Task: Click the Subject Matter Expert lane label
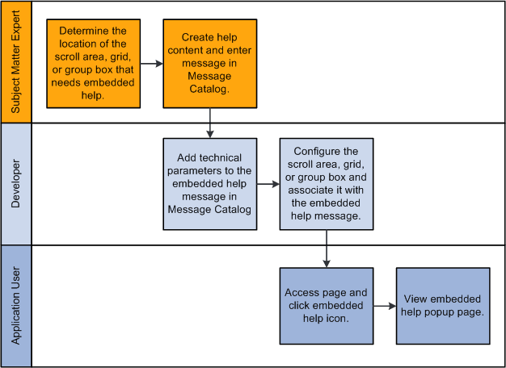[16, 62]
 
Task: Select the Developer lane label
[16, 184]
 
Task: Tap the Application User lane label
[16, 307]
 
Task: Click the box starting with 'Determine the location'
[93, 63]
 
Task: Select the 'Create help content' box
[209, 63]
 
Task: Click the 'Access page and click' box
[327, 305]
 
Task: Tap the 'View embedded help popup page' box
[443, 305]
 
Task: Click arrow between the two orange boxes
[151, 63]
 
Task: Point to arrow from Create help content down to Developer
[209, 123]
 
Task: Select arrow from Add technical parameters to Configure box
[268, 184]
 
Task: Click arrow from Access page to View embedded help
[385, 305]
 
